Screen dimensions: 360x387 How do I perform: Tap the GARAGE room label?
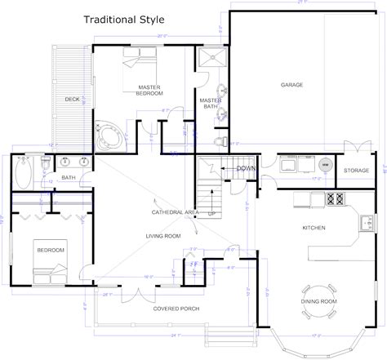[291, 84]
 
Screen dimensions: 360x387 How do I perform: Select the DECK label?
[73, 100]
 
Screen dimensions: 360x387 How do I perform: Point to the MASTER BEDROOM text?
[149, 91]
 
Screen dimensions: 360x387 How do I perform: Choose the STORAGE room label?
[355, 171]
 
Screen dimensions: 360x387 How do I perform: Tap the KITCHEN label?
[314, 228]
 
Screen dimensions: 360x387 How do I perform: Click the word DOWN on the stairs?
[246, 168]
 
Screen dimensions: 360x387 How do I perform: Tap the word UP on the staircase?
[213, 214]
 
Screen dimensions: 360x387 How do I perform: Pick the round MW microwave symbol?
[325, 165]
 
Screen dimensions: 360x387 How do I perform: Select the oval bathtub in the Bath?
[22, 173]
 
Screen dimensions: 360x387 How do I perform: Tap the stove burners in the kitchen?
[335, 198]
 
